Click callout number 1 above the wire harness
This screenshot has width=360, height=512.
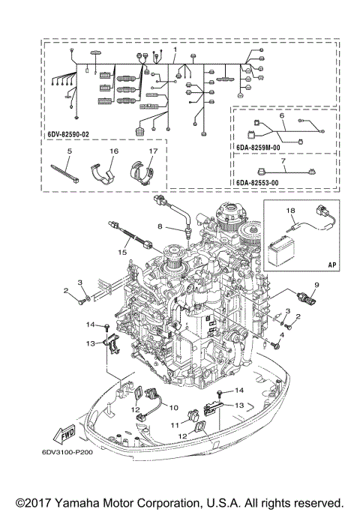tap(175, 49)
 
